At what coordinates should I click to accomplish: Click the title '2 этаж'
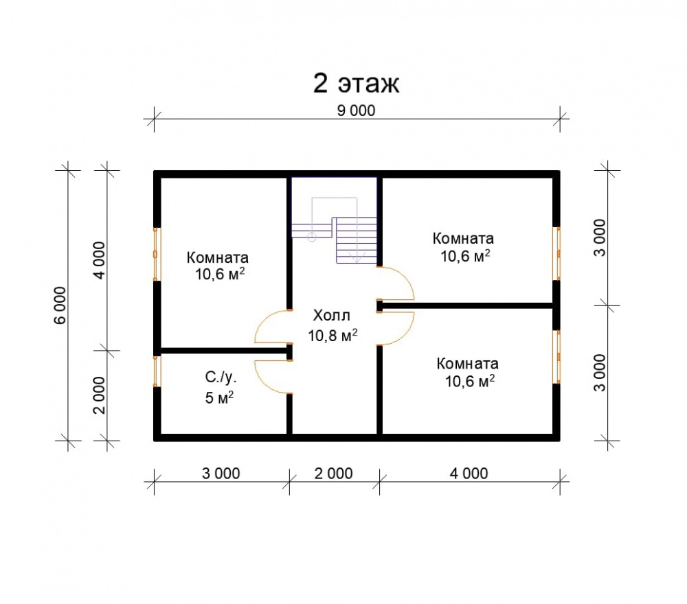[x=356, y=83]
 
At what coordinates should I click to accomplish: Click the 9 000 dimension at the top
[x=356, y=111]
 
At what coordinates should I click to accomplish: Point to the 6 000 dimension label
[x=60, y=305]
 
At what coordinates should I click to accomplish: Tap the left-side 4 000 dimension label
[x=100, y=260]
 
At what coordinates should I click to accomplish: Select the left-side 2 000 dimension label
[x=100, y=395]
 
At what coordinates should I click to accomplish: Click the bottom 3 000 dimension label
[x=221, y=473]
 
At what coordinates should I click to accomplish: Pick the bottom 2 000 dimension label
[x=333, y=473]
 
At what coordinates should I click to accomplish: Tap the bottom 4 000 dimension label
[x=469, y=473]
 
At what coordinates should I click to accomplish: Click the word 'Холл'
[x=332, y=315]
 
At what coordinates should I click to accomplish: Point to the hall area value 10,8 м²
[x=333, y=335]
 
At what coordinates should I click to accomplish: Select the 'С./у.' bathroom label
[x=221, y=377]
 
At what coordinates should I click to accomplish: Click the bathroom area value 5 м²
[x=219, y=397]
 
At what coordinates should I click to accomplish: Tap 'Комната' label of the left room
[x=217, y=257]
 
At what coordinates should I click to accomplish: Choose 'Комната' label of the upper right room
[x=463, y=239]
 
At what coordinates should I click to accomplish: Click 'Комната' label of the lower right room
[x=467, y=364]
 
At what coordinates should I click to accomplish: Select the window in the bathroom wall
[x=157, y=371]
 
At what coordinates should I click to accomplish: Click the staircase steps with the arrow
[x=356, y=240]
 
